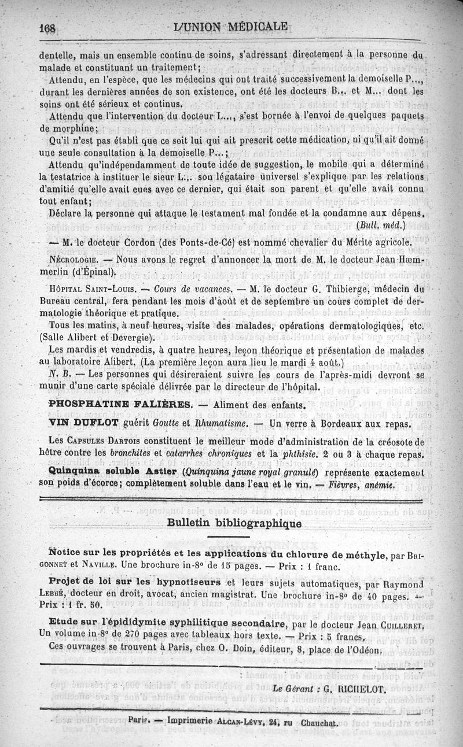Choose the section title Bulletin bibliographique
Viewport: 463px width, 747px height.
[234, 523]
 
